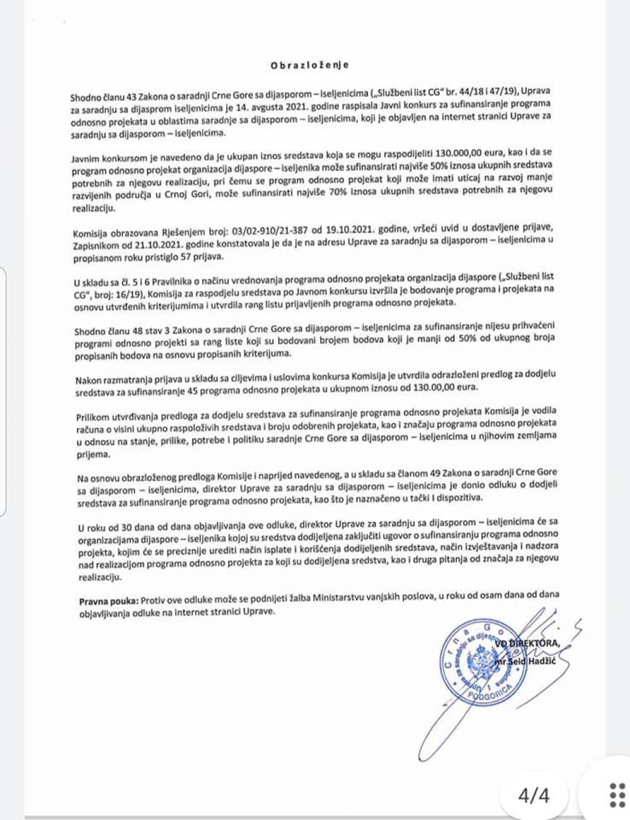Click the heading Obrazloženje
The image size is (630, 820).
point(309,65)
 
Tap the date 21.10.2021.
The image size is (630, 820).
point(151,246)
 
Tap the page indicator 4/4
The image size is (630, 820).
point(534,795)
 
